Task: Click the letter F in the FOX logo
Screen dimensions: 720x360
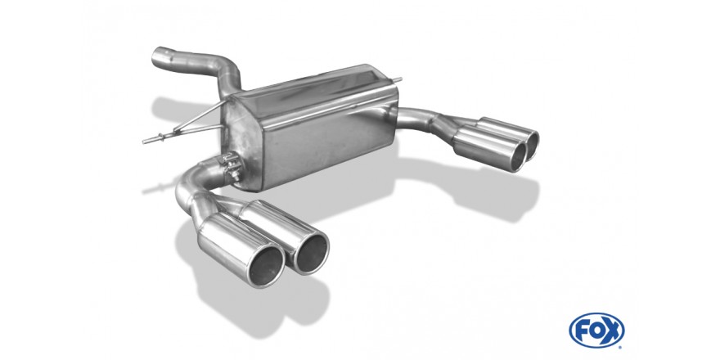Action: coord(582,330)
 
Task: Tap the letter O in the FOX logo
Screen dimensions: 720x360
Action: coord(596,330)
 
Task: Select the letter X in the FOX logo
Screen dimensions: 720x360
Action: coord(613,330)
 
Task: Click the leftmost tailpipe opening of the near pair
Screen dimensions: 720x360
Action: coord(267,268)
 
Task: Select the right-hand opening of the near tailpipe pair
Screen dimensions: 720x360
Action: coord(312,253)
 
